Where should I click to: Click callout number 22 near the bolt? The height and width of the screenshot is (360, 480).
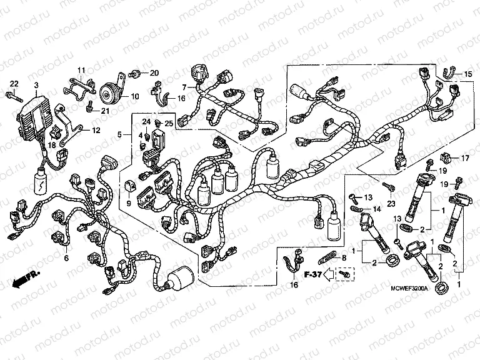14,84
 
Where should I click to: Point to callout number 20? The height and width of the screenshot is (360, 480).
154,73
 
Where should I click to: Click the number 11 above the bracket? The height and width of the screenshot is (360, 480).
81,69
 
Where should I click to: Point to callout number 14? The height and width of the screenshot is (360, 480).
377,208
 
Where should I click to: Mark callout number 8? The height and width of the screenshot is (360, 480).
343,257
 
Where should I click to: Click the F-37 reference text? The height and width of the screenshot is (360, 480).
312,274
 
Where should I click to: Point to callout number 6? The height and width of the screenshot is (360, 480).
67,257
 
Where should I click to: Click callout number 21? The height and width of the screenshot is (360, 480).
105,112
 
